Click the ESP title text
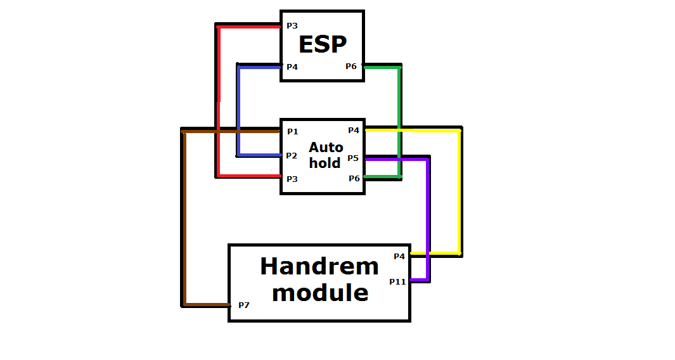pos(323,44)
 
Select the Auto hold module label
pos(326,155)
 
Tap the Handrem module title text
pos(319,280)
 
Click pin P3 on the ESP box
pos(292,26)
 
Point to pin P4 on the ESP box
pos(292,67)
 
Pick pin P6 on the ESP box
pos(351,67)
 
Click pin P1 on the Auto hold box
pos(293,132)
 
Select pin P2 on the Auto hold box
pos(292,155)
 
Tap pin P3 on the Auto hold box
pos(292,179)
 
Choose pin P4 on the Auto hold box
pos(354,131)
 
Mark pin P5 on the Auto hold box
pos(354,158)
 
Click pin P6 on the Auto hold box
pos(354,178)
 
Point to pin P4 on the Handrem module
pos(399,257)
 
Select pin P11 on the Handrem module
pos(398,282)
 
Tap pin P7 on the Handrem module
pos(244,305)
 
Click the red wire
pos(219,101)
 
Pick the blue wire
pos(238,111)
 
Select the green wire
pos(399,122)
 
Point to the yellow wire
pos(460,191)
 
